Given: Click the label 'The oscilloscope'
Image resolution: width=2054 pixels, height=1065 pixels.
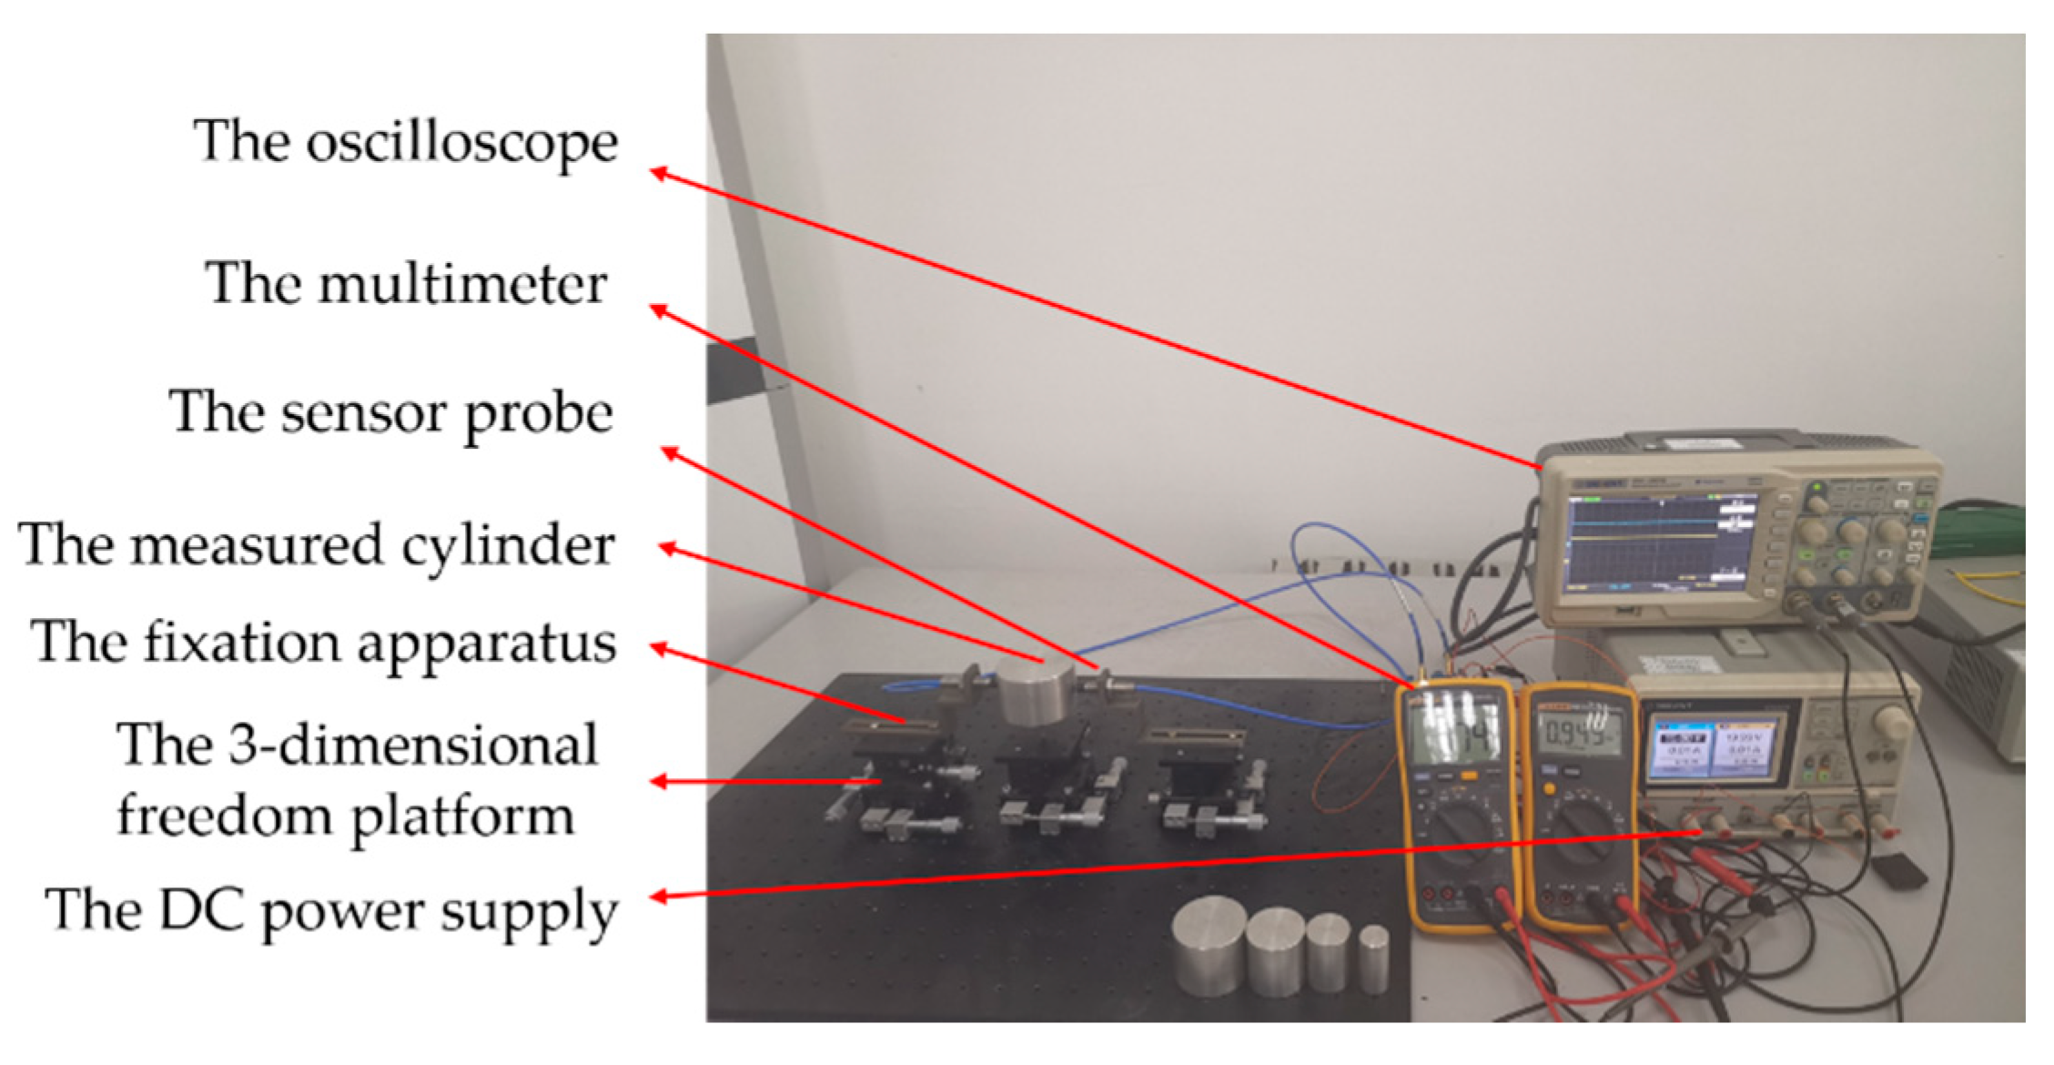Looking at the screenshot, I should point(405,143).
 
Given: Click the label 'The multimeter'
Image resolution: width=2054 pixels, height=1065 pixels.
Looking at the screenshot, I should point(405,284).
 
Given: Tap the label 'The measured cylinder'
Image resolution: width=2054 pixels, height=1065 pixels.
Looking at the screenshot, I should point(317,545).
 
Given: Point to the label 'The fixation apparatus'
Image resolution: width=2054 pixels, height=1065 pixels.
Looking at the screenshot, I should point(323,643).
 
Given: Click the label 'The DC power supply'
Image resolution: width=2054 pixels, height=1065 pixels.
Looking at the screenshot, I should point(331,909).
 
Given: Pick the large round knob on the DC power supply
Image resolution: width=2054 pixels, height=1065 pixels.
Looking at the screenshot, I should point(1893,722).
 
